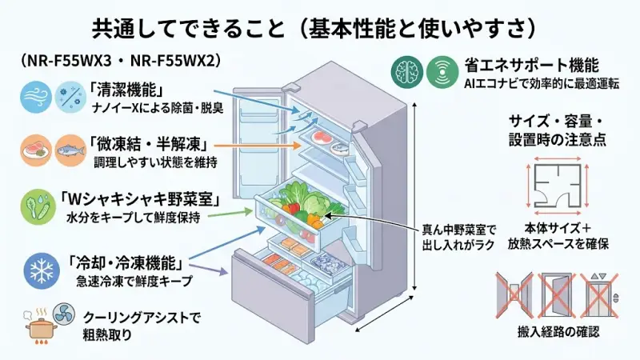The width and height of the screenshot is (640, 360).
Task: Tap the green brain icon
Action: coord(406,73)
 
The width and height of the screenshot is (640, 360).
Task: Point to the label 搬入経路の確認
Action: coord(558,330)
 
